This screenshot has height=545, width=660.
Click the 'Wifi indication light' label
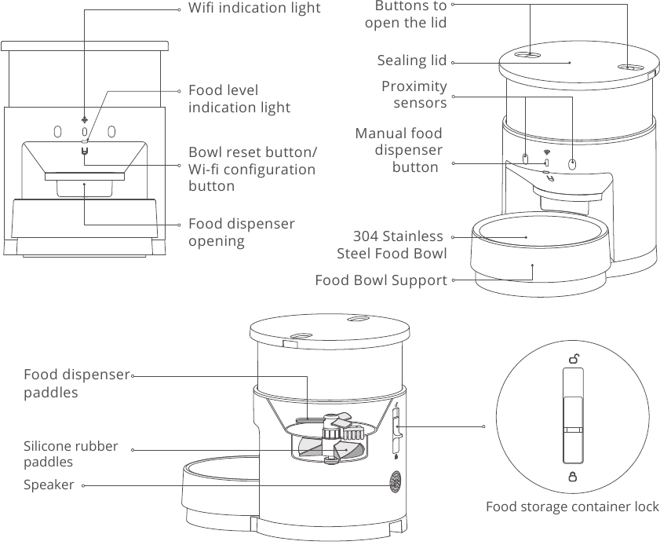(x=253, y=9)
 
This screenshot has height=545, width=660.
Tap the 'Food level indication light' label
(x=239, y=99)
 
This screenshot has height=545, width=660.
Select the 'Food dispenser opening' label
(x=241, y=232)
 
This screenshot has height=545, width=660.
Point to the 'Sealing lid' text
(x=411, y=61)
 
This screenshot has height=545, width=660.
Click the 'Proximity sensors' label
(x=414, y=94)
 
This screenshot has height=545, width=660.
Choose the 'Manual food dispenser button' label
(x=398, y=150)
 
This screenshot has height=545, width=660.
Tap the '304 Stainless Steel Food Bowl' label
(x=392, y=245)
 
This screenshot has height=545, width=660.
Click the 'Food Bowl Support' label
(x=381, y=280)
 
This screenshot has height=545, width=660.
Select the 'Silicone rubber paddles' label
(x=71, y=454)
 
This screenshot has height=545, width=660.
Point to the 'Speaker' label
(x=49, y=485)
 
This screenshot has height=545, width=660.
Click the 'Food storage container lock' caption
(x=572, y=507)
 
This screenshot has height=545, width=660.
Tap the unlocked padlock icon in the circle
(x=574, y=360)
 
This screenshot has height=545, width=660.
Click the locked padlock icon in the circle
(x=573, y=476)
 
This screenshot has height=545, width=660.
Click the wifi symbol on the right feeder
(x=547, y=152)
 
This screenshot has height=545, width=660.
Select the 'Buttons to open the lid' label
(x=406, y=14)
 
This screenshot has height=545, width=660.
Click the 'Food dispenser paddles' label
(x=76, y=383)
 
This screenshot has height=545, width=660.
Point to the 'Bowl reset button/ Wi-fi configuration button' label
(x=252, y=169)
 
